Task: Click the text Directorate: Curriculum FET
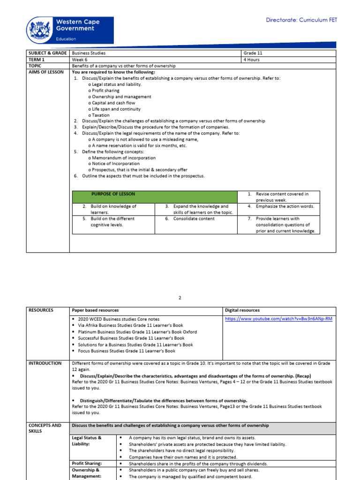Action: coord(301,20)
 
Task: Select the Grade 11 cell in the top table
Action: coord(253,53)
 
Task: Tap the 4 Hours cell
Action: coord(251,60)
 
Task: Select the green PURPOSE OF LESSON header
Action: coord(113,194)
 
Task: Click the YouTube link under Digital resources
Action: coord(278,319)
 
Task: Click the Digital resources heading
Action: coord(242,310)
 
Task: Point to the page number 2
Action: coord(180,298)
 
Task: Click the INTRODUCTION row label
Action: coord(45,363)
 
